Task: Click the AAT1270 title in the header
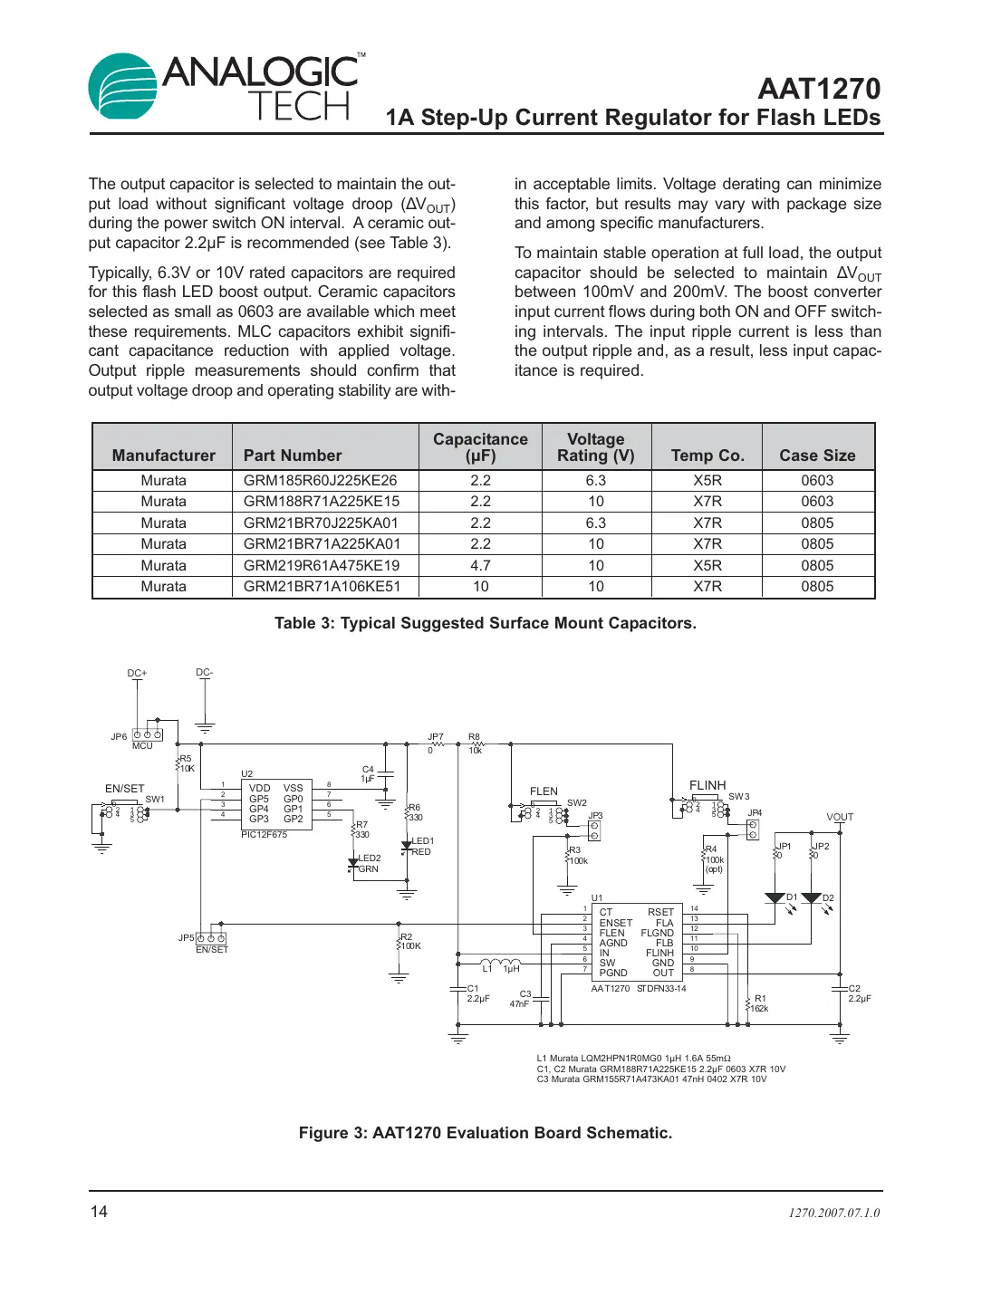pyautogui.click(x=818, y=89)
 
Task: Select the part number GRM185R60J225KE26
pyautogui.click(x=320, y=481)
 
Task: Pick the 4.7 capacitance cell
pyautogui.click(x=480, y=566)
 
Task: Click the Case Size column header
pyautogui.click(x=817, y=456)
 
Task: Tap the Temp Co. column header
pyautogui.click(x=707, y=456)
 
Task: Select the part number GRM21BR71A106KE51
pyautogui.click(x=322, y=587)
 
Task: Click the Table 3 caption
pyautogui.click(x=486, y=623)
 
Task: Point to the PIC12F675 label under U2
pyautogui.click(x=264, y=835)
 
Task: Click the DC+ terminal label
pyautogui.click(x=137, y=674)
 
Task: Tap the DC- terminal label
pyautogui.click(x=205, y=673)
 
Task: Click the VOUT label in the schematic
pyautogui.click(x=840, y=817)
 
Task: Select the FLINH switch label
pyautogui.click(x=707, y=785)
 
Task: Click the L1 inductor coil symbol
pyautogui.click(x=500, y=963)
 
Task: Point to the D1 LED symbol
pyautogui.click(x=775, y=898)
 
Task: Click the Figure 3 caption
pyautogui.click(x=486, y=1133)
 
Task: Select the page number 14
pyautogui.click(x=99, y=1212)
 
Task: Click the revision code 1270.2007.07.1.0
pyautogui.click(x=833, y=1213)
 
